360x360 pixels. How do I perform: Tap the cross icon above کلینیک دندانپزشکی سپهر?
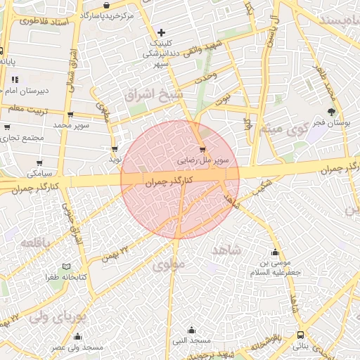tap(162, 32)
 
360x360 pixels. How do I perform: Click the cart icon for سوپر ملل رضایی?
tap(202, 149)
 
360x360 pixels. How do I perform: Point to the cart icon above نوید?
tap(115, 148)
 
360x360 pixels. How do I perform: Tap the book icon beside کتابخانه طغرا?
tap(67, 267)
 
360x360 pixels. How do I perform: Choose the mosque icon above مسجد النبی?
tap(193, 330)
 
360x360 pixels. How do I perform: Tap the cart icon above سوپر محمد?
tap(70, 114)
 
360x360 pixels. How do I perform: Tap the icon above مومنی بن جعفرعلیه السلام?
tap(274, 252)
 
